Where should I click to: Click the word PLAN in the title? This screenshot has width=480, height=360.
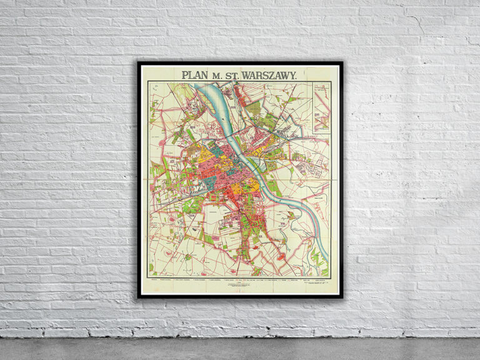[194, 74]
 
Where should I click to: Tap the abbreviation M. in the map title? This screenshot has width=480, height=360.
[218, 75]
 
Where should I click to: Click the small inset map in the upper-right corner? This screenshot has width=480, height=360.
[321, 107]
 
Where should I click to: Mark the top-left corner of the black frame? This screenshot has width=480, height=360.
[139, 62]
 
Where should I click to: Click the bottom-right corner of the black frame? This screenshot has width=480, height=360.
[342, 297]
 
